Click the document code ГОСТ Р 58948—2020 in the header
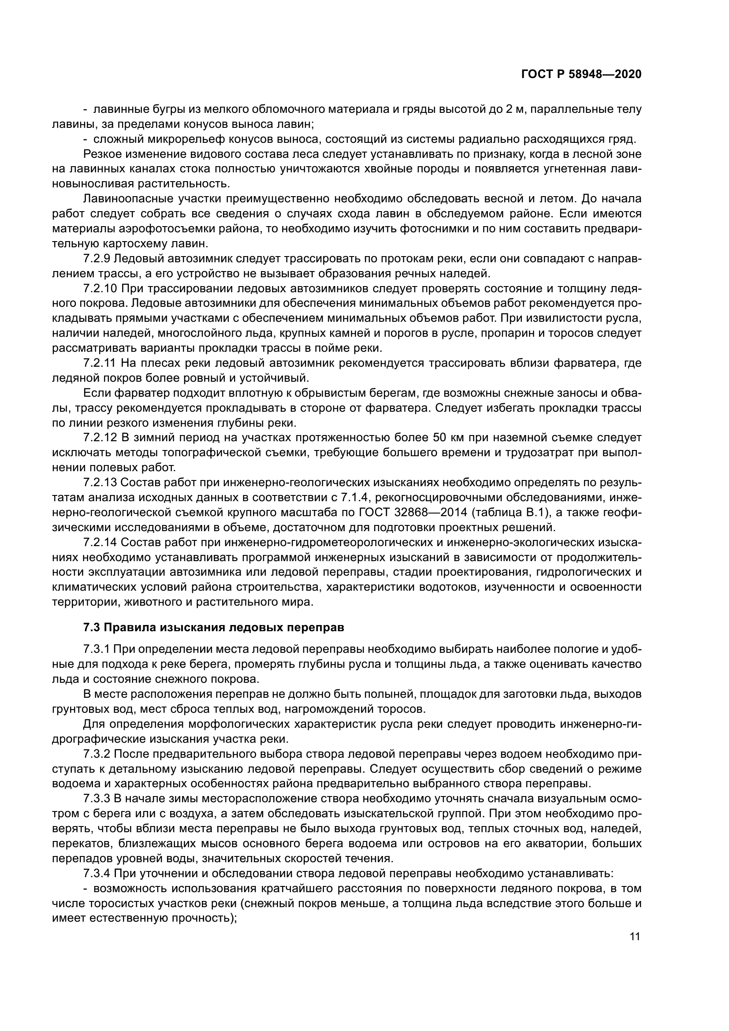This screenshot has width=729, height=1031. pyautogui.click(x=581, y=74)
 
